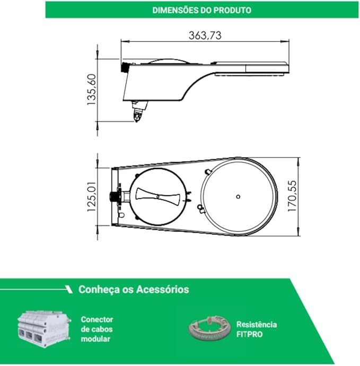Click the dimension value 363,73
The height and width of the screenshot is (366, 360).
pyautogui.click(x=205, y=36)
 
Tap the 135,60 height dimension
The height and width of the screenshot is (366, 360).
pyautogui.click(x=92, y=90)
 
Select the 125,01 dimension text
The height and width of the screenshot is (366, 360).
pyautogui.click(x=92, y=197)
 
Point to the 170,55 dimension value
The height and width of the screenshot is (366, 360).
pyautogui.click(x=292, y=196)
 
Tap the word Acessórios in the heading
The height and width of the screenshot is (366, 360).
pyautogui.click(x=163, y=289)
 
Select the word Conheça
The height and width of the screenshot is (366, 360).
pyautogui.click(x=99, y=290)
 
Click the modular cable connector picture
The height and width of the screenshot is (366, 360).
pyautogui.click(x=44, y=329)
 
